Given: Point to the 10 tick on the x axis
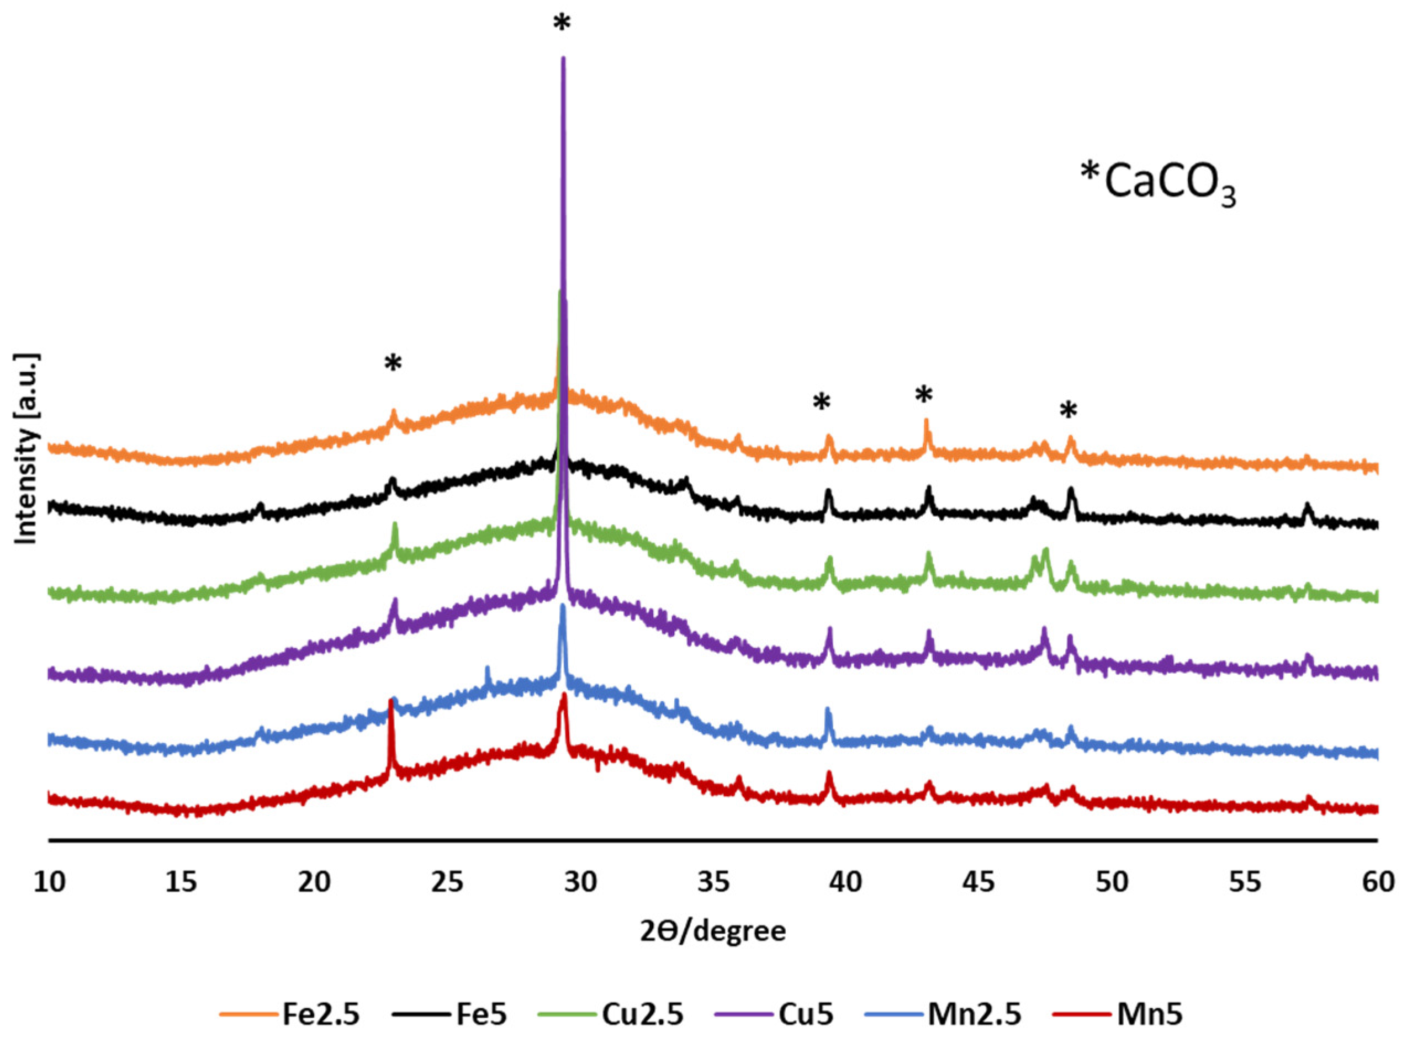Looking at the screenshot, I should click(x=49, y=882).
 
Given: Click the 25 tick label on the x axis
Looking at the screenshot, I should click(x=447, y=882).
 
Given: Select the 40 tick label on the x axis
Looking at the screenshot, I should click(x=846, y=882).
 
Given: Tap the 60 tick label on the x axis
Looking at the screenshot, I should click(x=1378, y=882).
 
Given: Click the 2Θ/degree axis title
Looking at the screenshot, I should click(x=713, y=931).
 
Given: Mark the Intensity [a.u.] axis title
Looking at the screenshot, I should click(x=27, y=448).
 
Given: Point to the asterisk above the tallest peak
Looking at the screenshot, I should click(x=562, y=24).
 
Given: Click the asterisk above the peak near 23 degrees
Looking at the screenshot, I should click(x=393, y=363).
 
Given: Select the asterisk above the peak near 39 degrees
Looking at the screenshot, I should click(x=821, y=402).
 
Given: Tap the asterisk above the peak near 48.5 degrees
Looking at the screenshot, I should click(x=1068, y=411).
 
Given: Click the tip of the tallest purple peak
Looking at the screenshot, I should click(x=563, y=59).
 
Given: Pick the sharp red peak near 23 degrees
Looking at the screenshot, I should click(x=391, y=702).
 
